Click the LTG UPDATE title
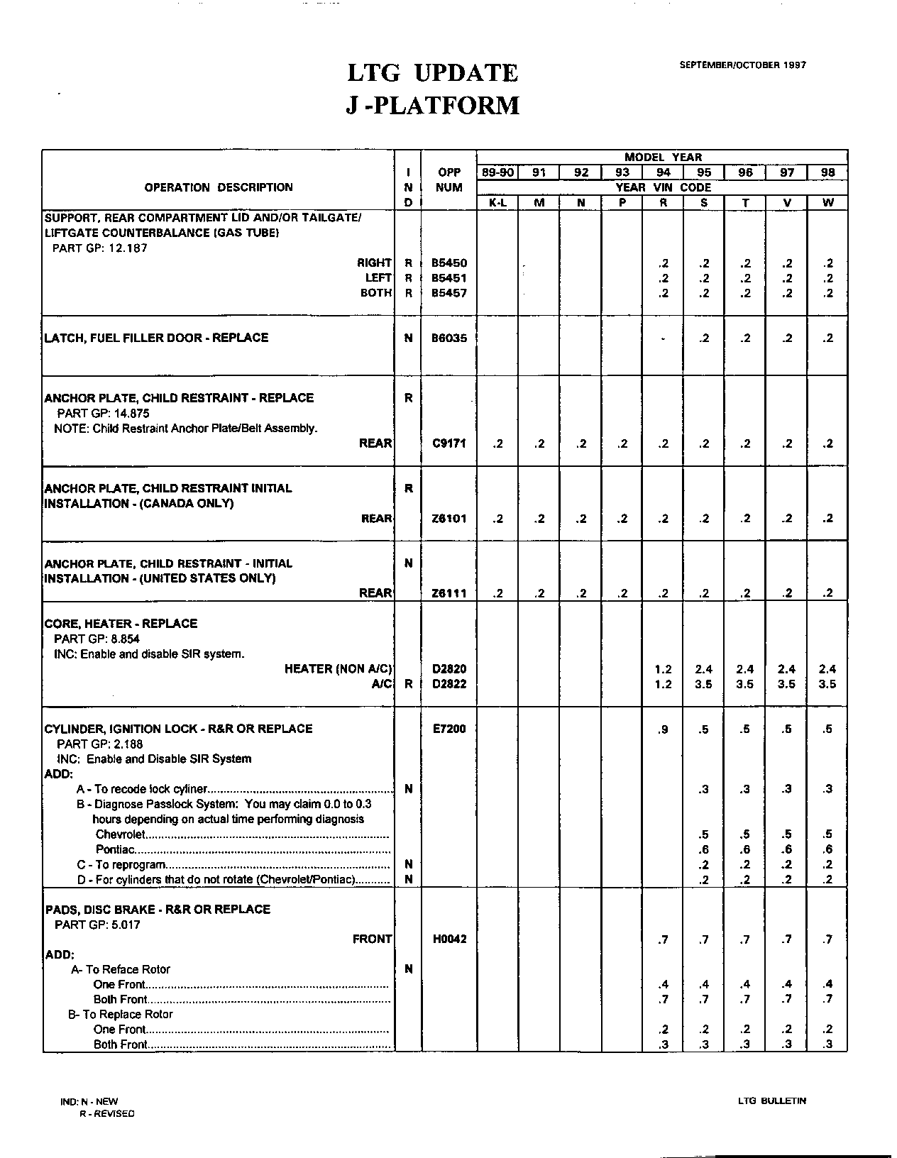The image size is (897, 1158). click(x=432, y=72)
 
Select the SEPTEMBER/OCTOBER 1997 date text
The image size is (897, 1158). click(x=742, y=65)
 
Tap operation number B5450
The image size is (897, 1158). click(x=449, y=263)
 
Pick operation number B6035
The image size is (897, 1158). click(x=449, y=338)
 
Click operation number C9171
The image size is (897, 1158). click(x=449, y=443)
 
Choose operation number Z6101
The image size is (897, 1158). click(x=449, y=519)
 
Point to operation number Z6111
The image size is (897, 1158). click(x=449, y=593)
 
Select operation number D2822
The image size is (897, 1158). click(x=449, y=684)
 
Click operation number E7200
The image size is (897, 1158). click(x=449, y=729)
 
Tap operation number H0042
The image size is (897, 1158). click(x=449, y=939)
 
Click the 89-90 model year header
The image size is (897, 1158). click(x=498, y=172)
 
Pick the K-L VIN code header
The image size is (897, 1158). click(x=498, y=203)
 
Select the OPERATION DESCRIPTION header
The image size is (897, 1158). click(x=219, y=187)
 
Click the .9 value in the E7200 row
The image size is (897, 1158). click(x=663, y=729)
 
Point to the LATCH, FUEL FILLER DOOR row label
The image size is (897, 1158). click(x=156, y=338)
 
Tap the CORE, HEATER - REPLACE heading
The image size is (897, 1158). click(x=121, y=624)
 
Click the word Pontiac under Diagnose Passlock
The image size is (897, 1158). click(x=115, y=849)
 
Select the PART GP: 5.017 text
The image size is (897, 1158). click(x=98, y=925)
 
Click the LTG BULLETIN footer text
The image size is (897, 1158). click(x=771, y=1101)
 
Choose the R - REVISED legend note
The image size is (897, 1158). click(x=106, y=1113)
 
